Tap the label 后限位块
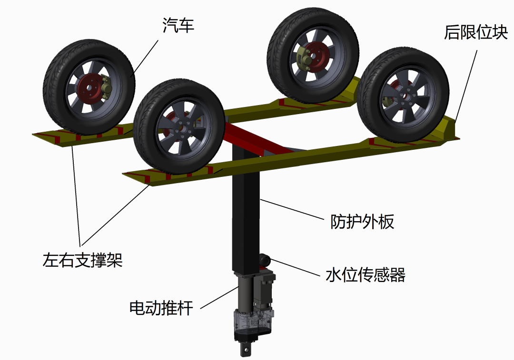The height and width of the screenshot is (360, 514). point(475,32)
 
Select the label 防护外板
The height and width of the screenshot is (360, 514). point(362,222)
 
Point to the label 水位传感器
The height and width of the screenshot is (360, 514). point(365,275)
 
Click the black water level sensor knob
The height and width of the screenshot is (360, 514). point(265,260)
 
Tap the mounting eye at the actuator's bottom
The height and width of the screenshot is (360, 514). point(246,350)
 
